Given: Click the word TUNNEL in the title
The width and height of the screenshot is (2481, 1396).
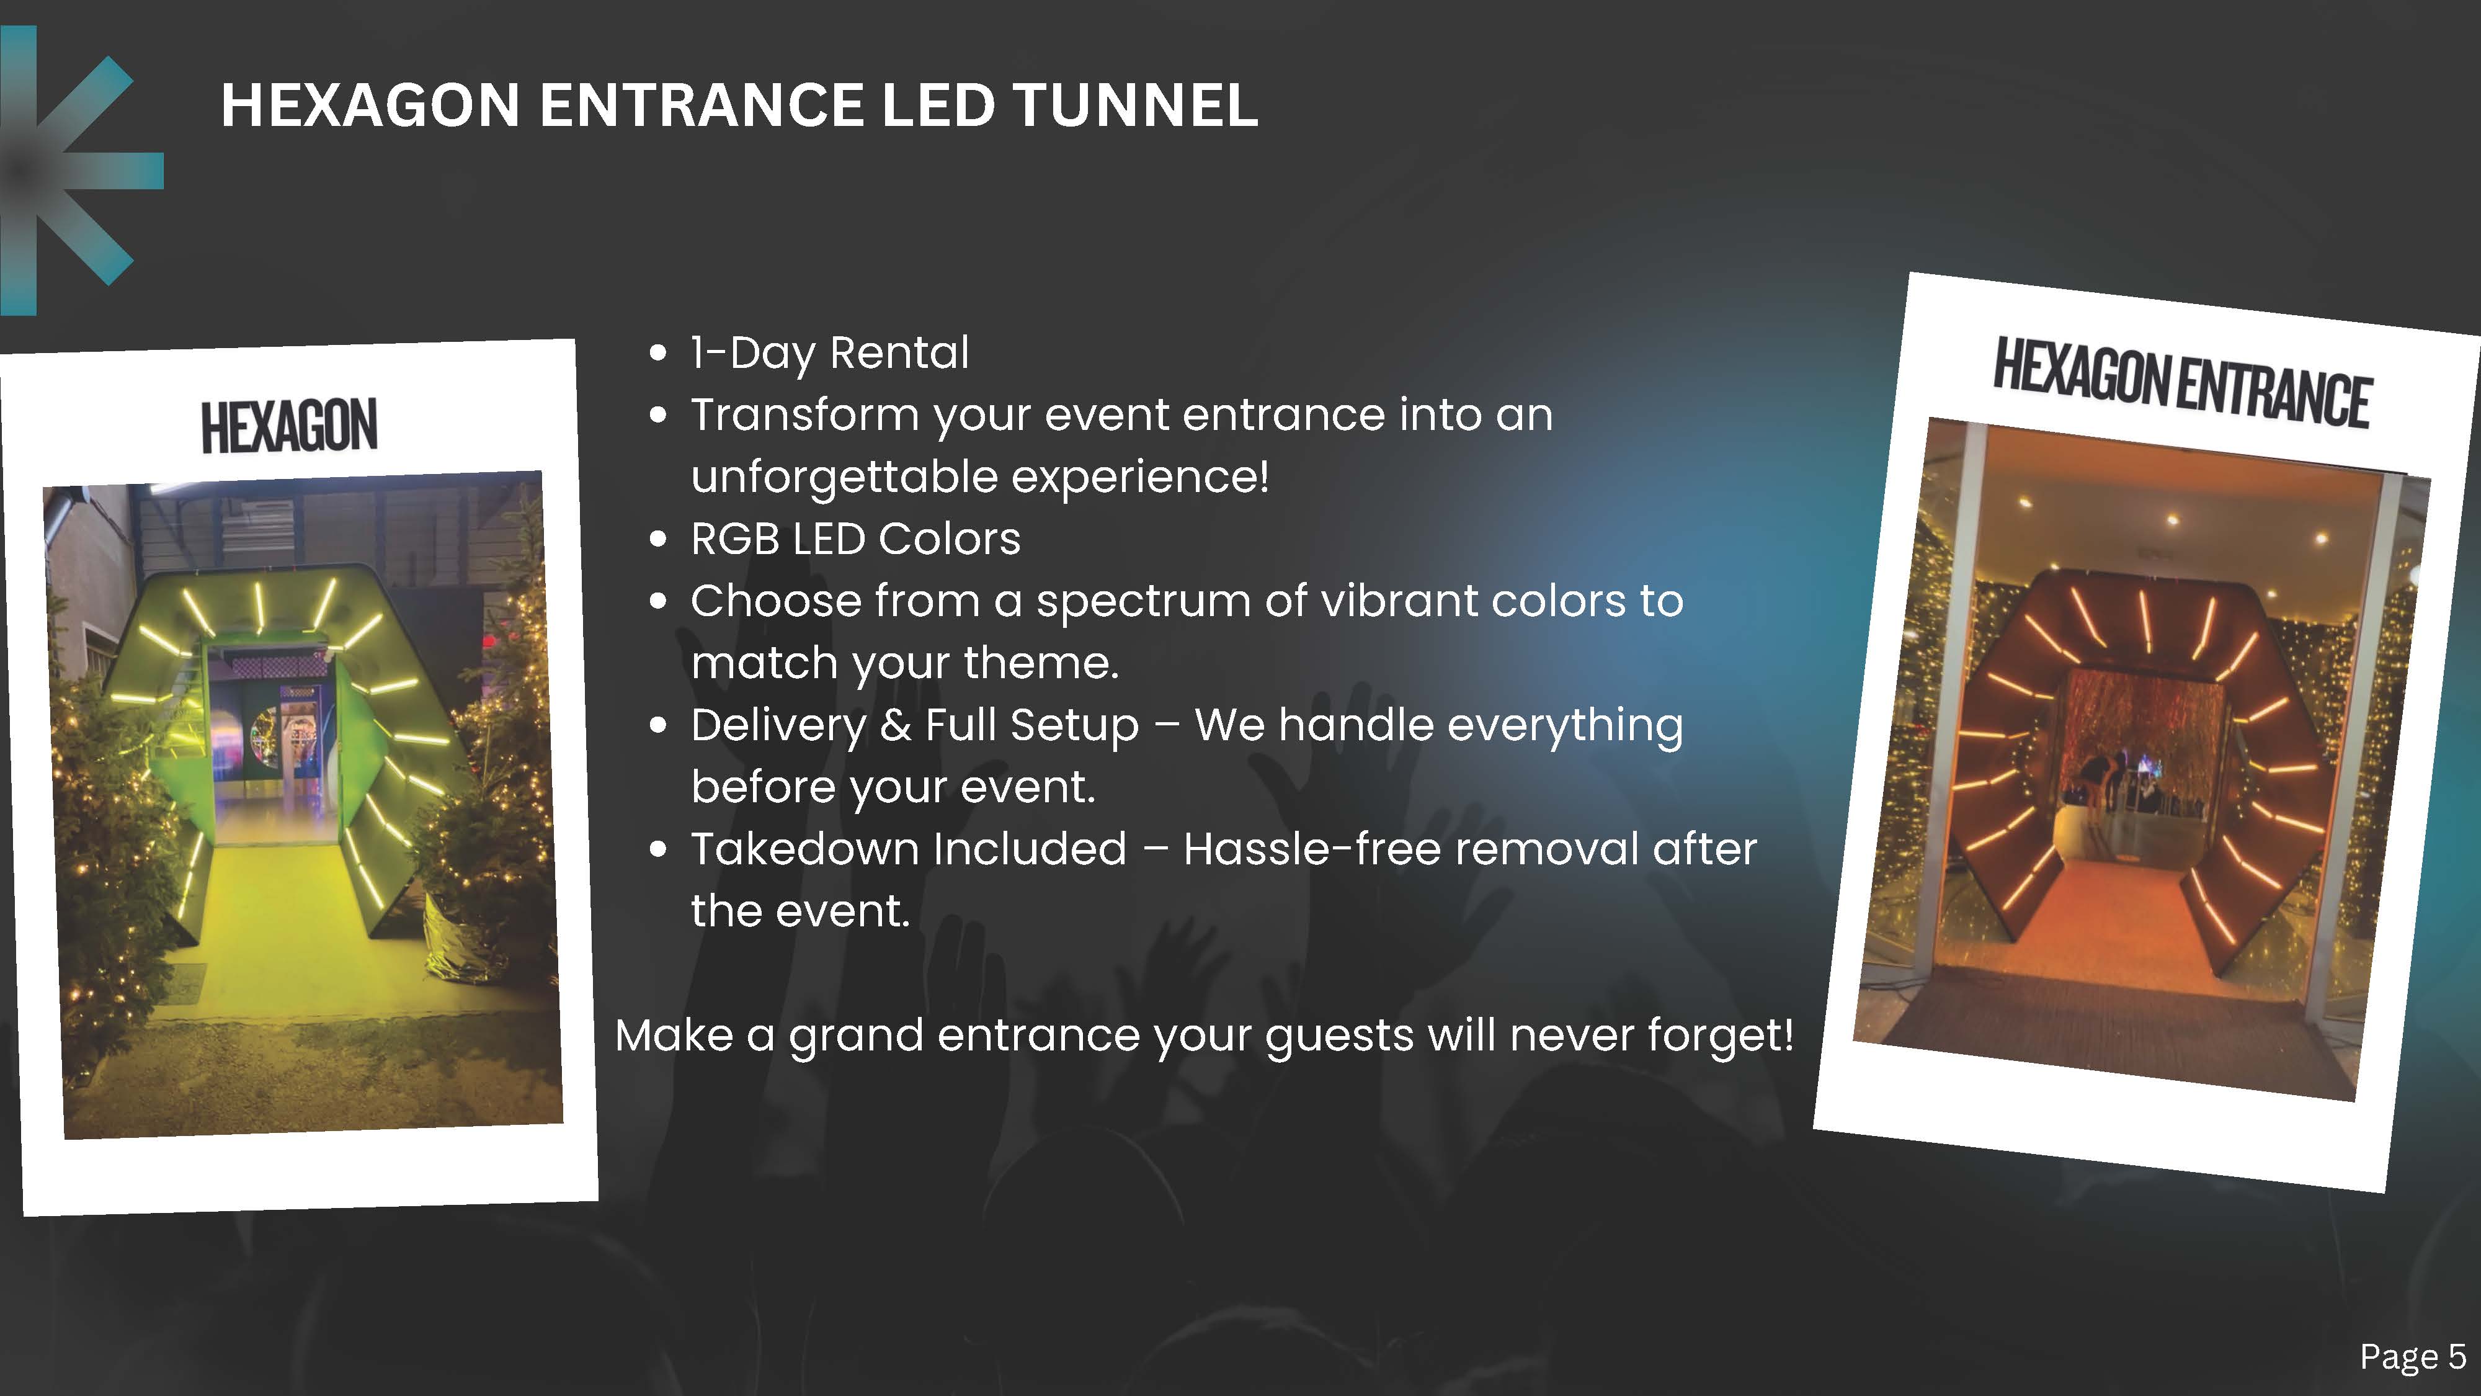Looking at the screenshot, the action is [1136, 104].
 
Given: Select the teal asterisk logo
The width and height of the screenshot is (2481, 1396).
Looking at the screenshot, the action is [68, 171].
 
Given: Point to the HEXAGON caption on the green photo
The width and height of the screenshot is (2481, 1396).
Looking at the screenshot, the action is [289, 426].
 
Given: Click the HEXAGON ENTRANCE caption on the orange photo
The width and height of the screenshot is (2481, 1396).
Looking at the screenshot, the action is [2181, 382].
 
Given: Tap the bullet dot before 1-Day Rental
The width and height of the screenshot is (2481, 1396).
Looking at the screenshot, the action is [659, 352].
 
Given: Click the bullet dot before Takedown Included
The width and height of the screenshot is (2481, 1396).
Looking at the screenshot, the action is [659, 849].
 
